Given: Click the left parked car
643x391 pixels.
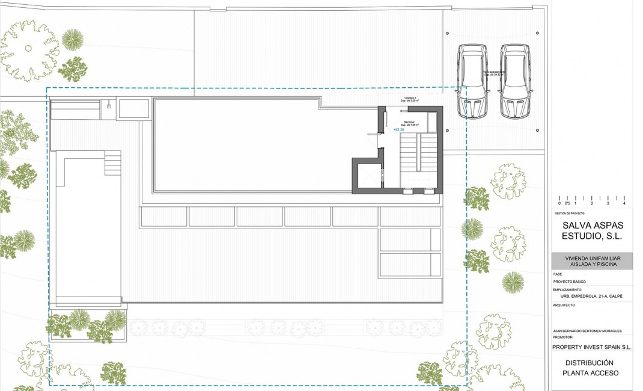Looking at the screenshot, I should (x=472, y=81).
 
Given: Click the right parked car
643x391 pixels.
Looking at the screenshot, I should (x=516, y=81).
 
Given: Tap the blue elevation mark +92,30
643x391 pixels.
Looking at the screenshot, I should (x=398, y=129).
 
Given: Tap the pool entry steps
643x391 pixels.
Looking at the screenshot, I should (x=113, y=163).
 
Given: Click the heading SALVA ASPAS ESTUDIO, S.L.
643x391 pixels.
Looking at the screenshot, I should (x=592, y=230).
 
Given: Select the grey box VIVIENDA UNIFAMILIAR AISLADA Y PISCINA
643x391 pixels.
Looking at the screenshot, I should (x=592, y=261).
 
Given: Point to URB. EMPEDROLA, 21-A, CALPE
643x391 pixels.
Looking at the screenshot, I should (x=591, y=296).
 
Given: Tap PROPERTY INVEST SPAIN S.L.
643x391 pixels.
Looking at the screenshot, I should (x=592, y=347).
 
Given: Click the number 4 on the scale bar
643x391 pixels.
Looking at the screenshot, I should (x=624, y=204).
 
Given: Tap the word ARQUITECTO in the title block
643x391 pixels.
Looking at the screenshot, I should (x=564, y=305).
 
